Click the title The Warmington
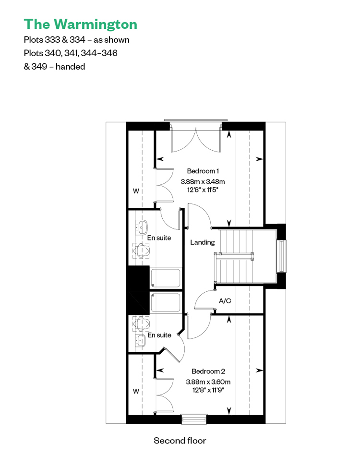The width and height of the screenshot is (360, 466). point(81,24)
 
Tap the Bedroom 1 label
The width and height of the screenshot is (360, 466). point(203,171)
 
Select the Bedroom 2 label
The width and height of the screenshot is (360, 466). point(208,371)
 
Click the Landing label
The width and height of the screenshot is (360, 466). point(203,242)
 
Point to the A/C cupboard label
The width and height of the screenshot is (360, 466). point(225,301)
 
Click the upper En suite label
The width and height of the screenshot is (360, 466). point(159,238)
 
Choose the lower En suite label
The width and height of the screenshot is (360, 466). point(159,335)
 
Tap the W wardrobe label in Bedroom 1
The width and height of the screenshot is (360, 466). point(136,191)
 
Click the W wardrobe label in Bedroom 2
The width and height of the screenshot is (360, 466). point(136,391)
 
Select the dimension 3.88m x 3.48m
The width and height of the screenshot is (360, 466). point(203,181)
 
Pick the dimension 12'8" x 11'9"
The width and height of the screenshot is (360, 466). point(208,390)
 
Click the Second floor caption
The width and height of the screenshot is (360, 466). point(180,441)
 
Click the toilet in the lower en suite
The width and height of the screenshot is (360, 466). point(141,323)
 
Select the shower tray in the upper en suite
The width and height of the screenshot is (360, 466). point(166,278)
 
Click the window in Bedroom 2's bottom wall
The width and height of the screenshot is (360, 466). point(194,419)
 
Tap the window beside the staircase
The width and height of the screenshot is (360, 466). point(282,256)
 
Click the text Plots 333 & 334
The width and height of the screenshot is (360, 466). point(54,40)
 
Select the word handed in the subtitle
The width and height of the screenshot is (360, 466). point(70,67)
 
